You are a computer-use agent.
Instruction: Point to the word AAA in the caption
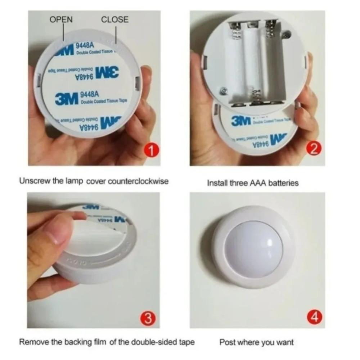[257, 183]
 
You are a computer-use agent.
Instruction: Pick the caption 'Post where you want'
[256, 342]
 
